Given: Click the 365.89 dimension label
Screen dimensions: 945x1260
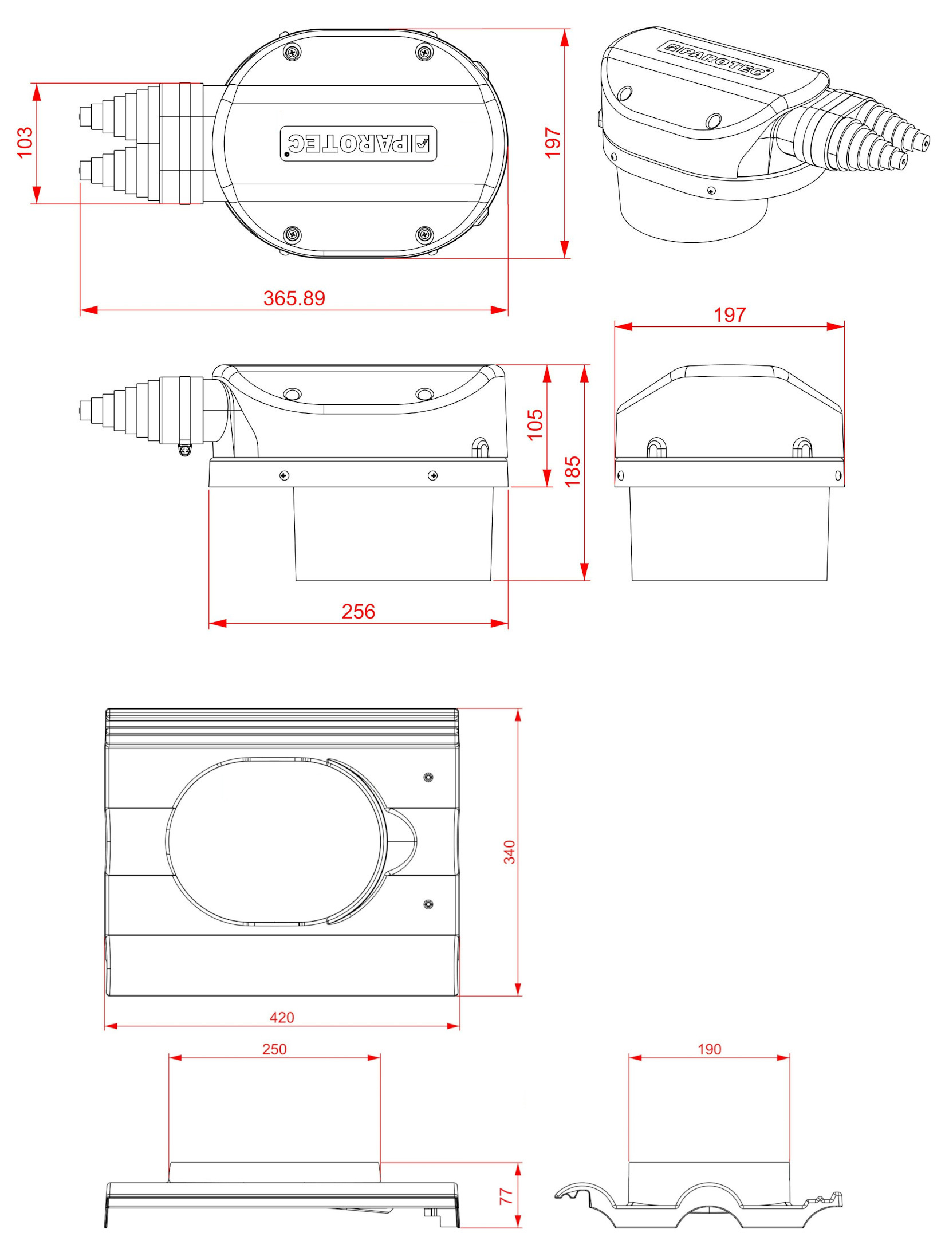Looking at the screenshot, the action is [294, 298].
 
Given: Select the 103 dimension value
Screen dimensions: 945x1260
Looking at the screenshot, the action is [25, 143].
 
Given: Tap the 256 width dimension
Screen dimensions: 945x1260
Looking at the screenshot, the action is [359, 611].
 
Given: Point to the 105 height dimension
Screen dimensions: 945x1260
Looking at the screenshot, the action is [535, 424].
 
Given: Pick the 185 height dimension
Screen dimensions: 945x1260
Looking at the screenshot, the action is [572, 471].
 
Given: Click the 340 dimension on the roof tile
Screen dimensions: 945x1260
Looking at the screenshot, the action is [509, 852].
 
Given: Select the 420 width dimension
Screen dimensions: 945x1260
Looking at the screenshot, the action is [282, 1017].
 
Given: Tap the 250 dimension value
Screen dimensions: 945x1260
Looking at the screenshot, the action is [274, 1049].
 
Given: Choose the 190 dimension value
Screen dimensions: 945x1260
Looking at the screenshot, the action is [709, 1049].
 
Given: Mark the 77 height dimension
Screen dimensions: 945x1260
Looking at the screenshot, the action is [506, 1196].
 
